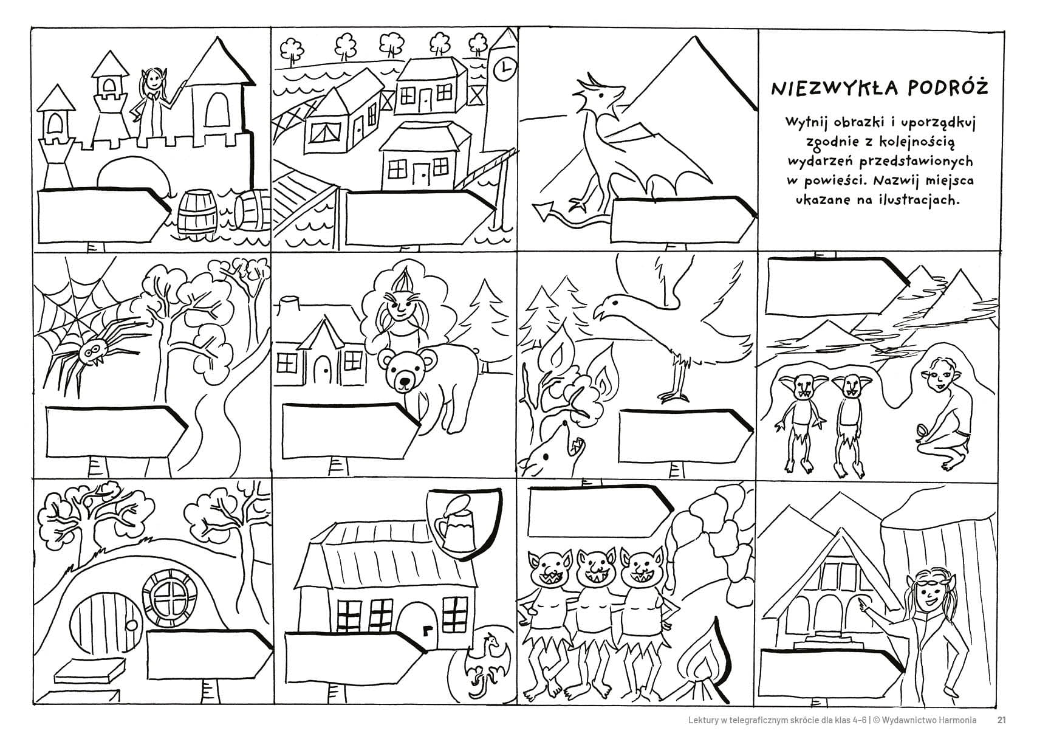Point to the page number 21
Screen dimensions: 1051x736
(1002, 720)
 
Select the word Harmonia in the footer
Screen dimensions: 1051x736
(956, 720)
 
